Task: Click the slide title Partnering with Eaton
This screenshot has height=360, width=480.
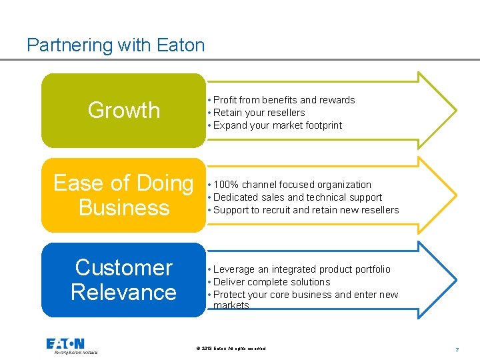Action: click(x=115, y=45)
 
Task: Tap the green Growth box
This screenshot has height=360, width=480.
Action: click(x=124, y=110)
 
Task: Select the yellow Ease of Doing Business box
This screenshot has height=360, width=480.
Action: click(x=124, y=195)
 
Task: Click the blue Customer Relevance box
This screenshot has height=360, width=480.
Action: click(x=124, y=279)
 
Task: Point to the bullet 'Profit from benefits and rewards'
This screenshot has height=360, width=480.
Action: click(x=284, y=100)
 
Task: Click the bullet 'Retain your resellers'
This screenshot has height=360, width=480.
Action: click(x=259, y=113)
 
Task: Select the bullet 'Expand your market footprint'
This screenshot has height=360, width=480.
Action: click(x=277, y=125)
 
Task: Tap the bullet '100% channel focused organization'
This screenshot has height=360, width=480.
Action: click(x=292, y=185)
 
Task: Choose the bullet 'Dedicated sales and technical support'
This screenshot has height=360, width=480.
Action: click(x=297, y=197)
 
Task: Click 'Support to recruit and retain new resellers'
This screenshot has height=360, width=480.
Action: click(x=306, y=210)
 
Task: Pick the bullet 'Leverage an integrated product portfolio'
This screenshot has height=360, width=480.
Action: click(x=301, y=269)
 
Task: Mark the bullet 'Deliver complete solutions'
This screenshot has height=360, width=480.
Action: click(x=271, y=282)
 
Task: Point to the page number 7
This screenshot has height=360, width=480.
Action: click(x=457, y=349)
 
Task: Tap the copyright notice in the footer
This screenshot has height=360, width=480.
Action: click(x=231, y=349)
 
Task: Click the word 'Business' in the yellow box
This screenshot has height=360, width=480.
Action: click(x=124, y=207)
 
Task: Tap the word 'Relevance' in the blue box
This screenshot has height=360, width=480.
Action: click(x=124, y=292)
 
